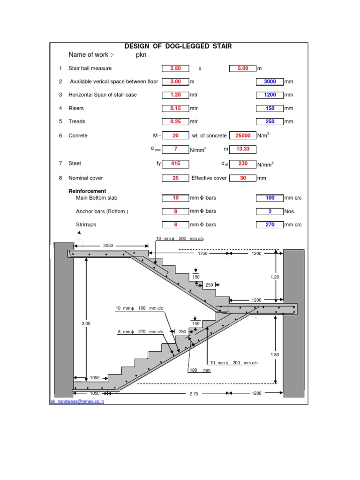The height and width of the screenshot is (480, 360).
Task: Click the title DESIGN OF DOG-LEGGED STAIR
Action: coord(178,46)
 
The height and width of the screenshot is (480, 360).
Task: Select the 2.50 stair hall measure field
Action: coord(175,68)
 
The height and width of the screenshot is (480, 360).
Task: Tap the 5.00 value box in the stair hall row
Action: coord(242,68)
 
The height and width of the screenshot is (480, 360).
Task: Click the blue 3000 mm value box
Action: coord(270,82)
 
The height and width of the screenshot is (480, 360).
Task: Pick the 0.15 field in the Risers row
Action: coord(175,108)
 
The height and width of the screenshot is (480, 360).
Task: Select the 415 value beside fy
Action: coord(175,164)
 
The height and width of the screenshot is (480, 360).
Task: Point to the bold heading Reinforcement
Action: coord(87,191)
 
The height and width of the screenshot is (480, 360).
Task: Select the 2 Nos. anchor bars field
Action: coord(270,211)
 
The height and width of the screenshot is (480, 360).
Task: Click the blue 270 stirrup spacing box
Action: coord(270,225)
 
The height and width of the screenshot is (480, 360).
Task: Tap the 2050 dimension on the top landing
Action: coord(108,246)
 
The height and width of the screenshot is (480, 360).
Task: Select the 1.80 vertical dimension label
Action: coord(275,355)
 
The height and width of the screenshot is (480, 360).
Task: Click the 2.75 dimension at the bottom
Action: coord(194,394)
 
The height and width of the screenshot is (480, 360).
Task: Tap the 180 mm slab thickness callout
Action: coord(194,370)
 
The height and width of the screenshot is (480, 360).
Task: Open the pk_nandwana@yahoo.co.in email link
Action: coord(77,402)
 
